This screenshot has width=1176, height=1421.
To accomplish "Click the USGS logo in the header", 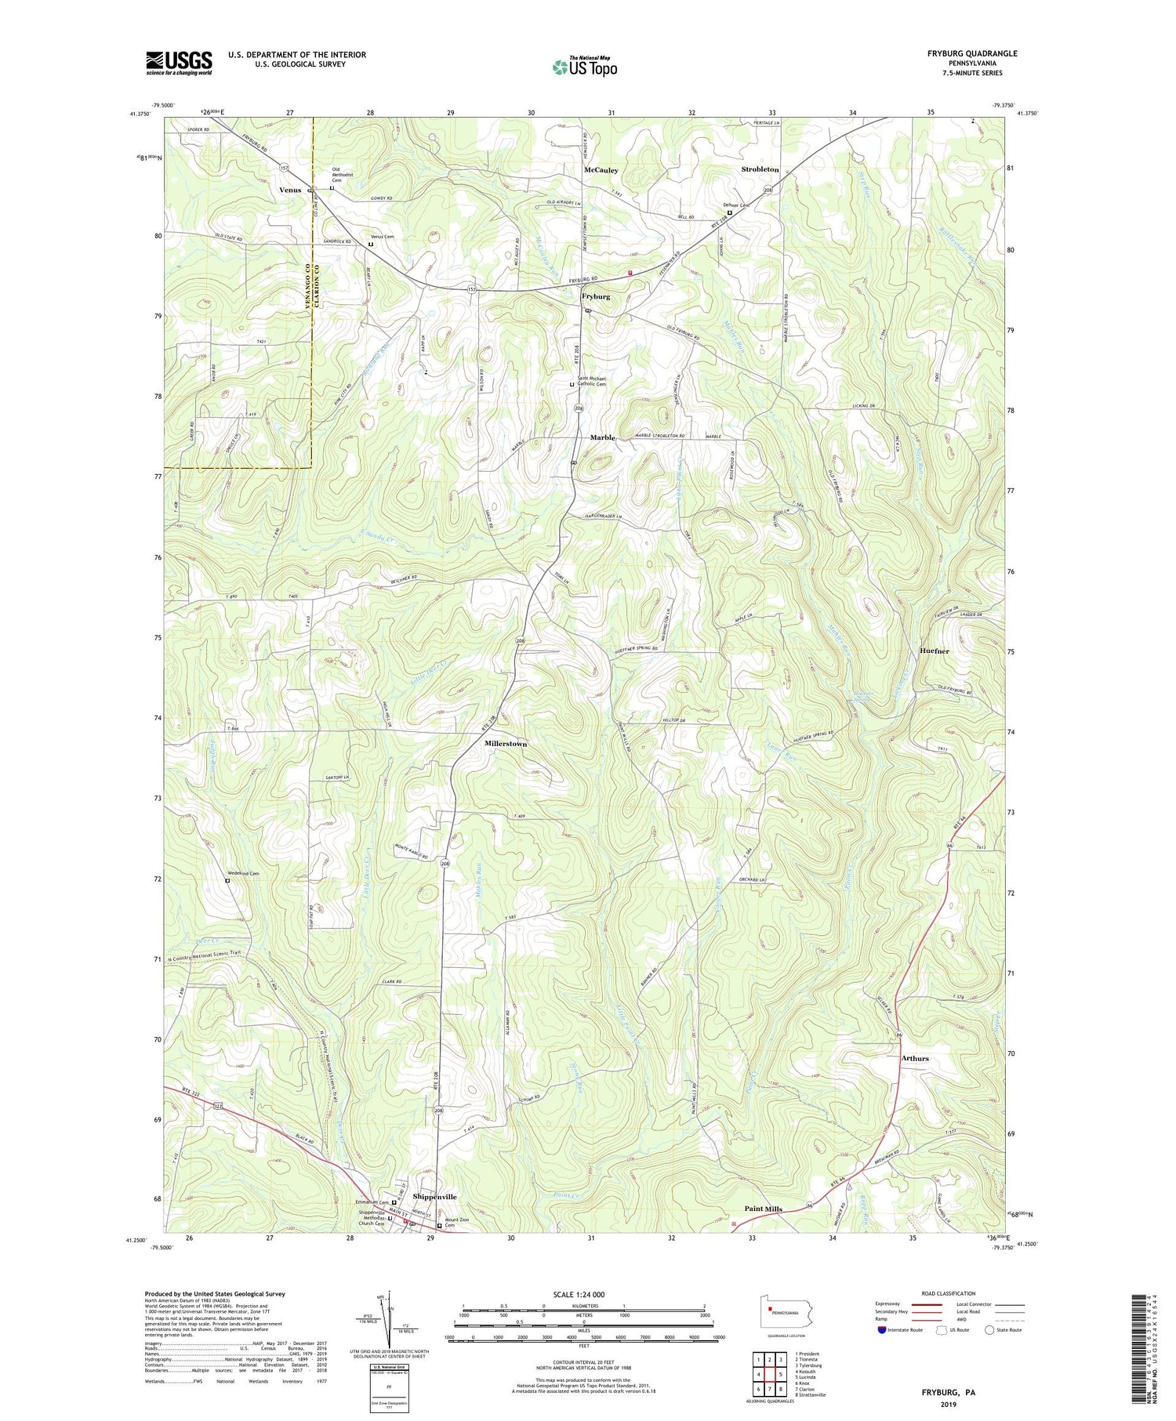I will click(179, 62).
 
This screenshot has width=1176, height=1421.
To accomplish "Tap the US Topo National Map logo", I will click(584, 67).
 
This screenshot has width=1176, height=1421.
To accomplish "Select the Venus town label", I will click(290, 190).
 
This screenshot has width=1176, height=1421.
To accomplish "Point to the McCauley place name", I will click(601, 170).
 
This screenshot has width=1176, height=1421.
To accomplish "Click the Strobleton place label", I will click(760, 169).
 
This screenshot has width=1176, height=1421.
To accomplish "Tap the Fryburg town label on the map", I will click(596, 297).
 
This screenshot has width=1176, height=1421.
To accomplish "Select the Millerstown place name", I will click(505, 743).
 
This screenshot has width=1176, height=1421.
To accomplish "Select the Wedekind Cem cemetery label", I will click(243, 873).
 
